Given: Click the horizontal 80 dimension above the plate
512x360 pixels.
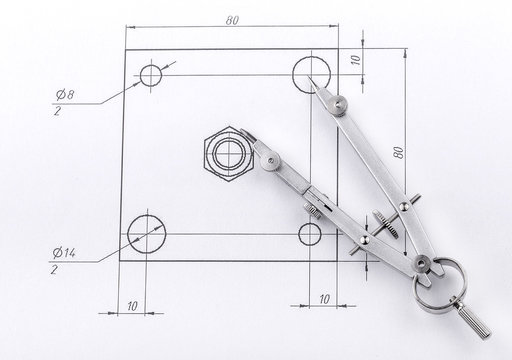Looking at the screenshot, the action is pyautogui.click(x=231, y=19).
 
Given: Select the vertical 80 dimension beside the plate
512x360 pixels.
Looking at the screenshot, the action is pyautogui.click(x=399, y=153).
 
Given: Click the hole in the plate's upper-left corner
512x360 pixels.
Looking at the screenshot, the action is pyautogui.click(x=153, y=76).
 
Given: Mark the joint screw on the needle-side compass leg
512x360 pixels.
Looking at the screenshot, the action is pyautogui.click(x=342, y=103).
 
